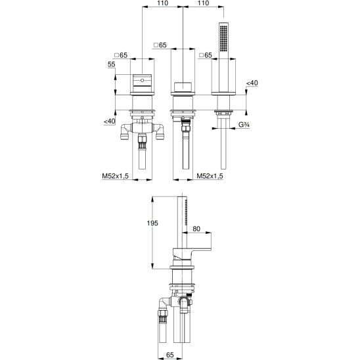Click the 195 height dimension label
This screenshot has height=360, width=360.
pos(152,223)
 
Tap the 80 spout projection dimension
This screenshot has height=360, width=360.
pos(196,229)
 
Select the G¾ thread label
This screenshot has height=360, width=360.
pos(244,125)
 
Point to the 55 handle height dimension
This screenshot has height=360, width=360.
pos(112,64)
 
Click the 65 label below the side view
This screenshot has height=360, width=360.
pos(170,355)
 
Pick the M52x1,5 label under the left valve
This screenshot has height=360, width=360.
pos(115,176)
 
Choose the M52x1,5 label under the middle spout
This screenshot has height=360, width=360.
pos(210,176)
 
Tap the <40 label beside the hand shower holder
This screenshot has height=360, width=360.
pos(252,83)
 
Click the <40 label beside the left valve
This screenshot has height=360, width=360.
pos(110,121)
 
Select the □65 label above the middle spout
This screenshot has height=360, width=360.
pos(160,45)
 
